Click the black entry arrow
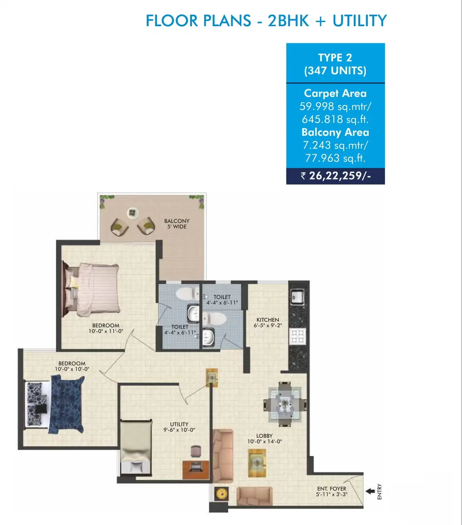[x=370, y=491]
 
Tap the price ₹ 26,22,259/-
[x=336, y=176]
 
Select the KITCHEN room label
[x=268, y=320]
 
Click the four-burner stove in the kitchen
[x=297, y=336]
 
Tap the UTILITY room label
[x=179, y=424]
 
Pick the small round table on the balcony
[x=132, y=213]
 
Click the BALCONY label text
[x=177, y=221]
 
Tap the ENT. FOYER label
[x=332, y=489]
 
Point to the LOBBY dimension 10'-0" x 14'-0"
[x=264, y=442]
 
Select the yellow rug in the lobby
[x=257, y=463]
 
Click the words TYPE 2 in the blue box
[x=335, y=58]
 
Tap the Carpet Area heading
[x=335, y=93]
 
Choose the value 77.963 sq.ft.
[x=335, y=158]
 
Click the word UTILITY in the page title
[x=359, y=21]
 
